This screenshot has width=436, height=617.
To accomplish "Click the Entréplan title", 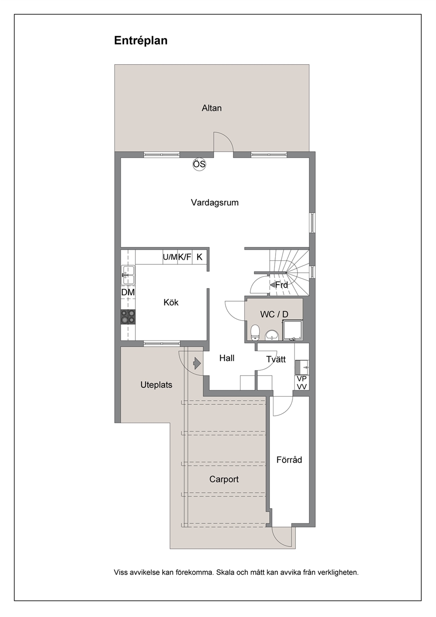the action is [141, 41].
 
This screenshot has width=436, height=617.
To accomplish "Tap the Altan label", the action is [211, 108].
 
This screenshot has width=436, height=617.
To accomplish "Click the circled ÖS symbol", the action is [199, 164].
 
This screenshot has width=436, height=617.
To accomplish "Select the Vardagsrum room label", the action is [214, 203].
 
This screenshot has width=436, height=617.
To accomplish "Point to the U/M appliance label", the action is [170, 257].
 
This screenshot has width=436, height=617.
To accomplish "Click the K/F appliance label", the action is [185, 257].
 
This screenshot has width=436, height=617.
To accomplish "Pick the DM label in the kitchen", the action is [128, 292].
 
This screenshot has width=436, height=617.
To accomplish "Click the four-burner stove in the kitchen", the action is [128, 317].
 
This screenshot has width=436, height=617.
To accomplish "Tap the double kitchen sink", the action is [128, 275].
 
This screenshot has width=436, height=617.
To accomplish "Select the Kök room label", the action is [171, 303].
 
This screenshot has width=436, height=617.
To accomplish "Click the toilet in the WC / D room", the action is [255, 332].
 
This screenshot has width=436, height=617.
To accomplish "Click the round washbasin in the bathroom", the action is [272, 336].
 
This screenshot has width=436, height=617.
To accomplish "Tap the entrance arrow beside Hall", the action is [197, 363].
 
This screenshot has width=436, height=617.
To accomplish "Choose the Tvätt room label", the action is [276, 359].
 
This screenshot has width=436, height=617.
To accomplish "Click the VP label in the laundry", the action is [302, 379].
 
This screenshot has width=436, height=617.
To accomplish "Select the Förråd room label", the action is [289, 460].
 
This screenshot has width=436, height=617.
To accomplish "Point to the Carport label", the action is [224, 479].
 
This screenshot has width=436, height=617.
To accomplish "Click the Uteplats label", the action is [156, 385].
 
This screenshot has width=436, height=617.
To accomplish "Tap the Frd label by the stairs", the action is [281, 285].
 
